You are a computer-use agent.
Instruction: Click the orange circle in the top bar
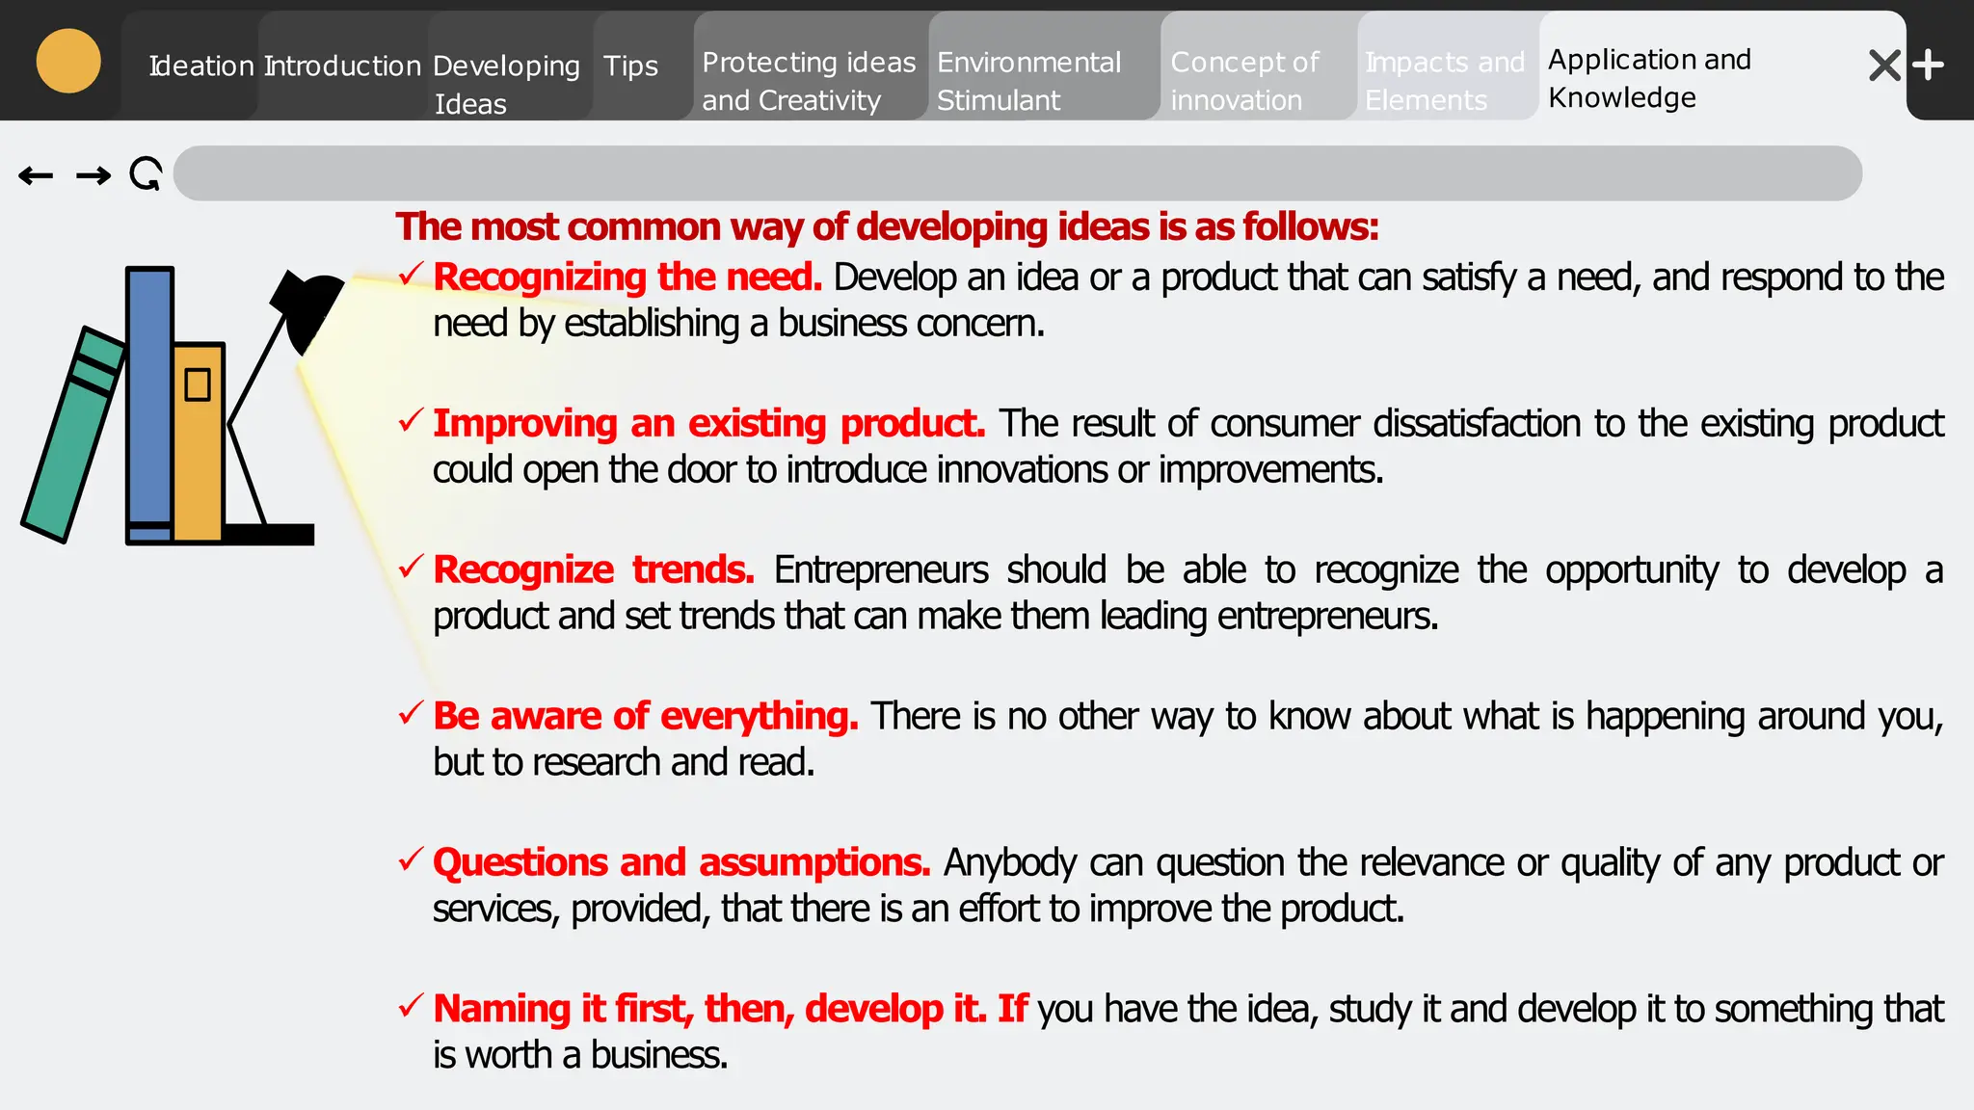tap(68, 62)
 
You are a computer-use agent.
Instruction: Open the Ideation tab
tap(200, 66)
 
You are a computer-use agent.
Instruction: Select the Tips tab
tap(630, 66)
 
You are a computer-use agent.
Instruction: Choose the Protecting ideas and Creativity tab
tap(808, 81)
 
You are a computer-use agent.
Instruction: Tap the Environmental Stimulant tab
tap(1028, 81)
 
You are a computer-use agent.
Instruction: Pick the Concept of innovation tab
tap(1243, 81)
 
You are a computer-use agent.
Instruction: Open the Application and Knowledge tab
tap(1648, 78)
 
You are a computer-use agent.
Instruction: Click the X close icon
tap(1884, 66)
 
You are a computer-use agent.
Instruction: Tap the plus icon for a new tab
tap(1928, 66)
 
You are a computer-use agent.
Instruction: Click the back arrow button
tap(36, 175)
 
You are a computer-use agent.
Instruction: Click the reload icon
tap(146, 174)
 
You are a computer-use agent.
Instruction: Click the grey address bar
tap(1017, 173)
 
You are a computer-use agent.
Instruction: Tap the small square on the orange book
tap(198, 384)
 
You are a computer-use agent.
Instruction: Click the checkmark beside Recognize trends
tap(411, 567)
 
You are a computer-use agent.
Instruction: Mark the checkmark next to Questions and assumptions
tap(411, 859)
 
